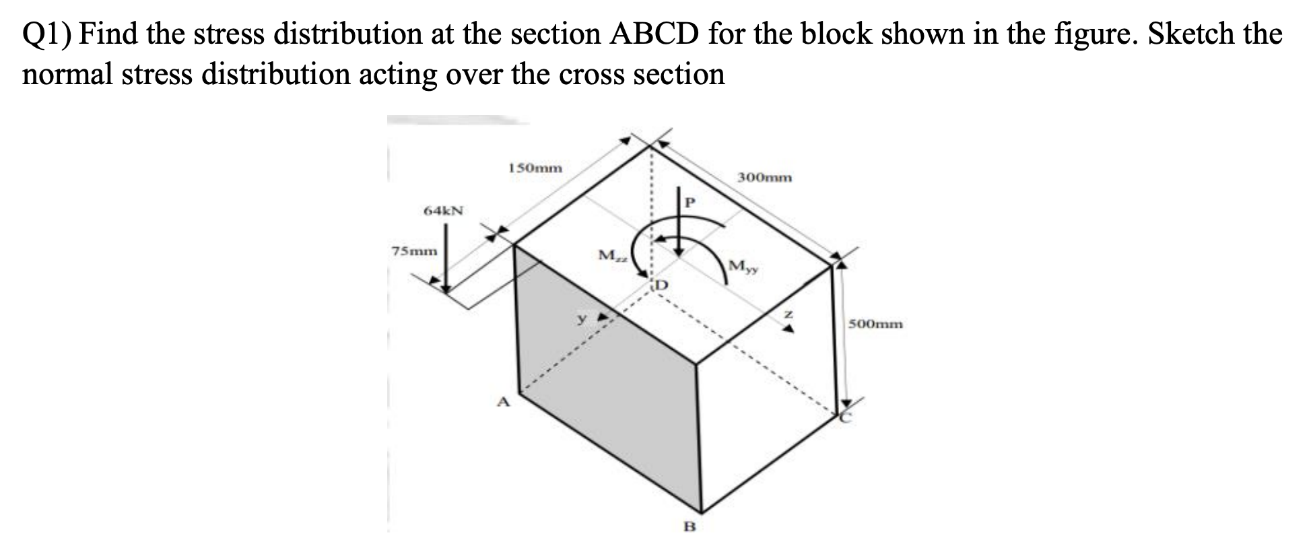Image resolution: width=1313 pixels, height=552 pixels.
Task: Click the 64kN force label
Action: [443, 211]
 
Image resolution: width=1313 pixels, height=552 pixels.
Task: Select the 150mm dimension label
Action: [535, 168]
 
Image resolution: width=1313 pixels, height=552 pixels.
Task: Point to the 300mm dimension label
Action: [764, 178]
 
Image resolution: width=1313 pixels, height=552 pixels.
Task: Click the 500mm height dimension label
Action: [875, 324]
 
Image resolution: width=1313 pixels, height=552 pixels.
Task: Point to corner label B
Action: [688, 526]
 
